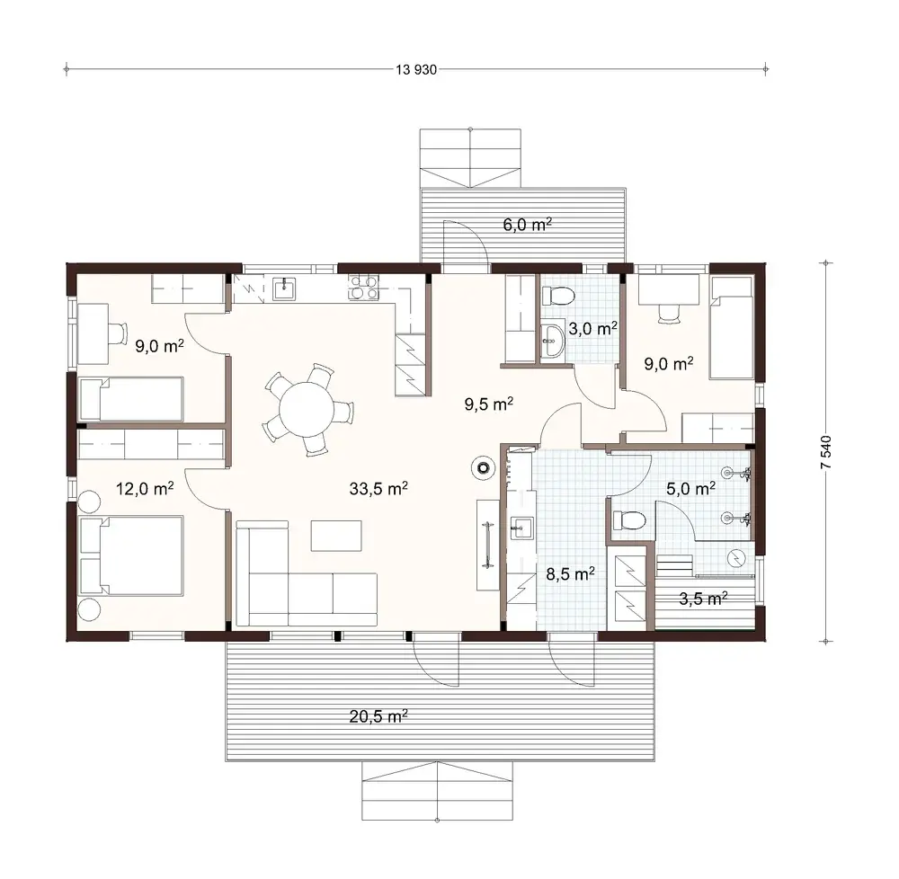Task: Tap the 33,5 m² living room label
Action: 378,489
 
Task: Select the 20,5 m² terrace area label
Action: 378,716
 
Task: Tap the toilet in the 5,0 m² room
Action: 628,519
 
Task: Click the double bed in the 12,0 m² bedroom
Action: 132,555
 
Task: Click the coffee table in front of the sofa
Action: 334,534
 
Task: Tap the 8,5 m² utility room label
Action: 569,573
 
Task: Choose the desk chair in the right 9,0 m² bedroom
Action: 667,311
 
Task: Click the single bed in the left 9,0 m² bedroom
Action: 132,399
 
